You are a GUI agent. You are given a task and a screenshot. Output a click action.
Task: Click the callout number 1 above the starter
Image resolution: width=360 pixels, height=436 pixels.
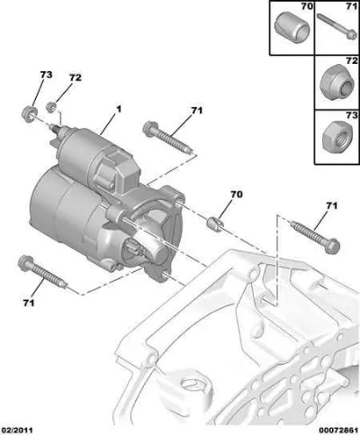(x=119, y=109)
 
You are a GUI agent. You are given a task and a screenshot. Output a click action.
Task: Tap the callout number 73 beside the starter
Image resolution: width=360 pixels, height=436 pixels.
(x=46, y=75)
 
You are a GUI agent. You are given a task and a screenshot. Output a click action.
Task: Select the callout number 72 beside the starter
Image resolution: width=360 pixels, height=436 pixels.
(x=75, y=77)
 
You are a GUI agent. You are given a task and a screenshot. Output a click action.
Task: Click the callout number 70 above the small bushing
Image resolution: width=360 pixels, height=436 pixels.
(x=236, y=195)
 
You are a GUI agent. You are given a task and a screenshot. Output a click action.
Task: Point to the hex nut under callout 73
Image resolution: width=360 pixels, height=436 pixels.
(x=29, y=114)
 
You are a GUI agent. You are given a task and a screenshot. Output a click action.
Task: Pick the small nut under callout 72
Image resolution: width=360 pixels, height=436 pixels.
(x=51, y=107)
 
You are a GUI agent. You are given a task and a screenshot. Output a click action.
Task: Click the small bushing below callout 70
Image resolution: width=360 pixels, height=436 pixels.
(x=215, y=223)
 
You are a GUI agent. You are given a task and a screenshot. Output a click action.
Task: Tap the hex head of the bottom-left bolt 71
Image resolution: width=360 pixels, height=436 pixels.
(x=24, y=263)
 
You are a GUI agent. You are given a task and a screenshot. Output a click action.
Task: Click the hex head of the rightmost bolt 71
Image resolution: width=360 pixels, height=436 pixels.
(x=332, y=246)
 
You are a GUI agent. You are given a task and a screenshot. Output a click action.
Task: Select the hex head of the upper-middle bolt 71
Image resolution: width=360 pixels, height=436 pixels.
(x=150, y=129)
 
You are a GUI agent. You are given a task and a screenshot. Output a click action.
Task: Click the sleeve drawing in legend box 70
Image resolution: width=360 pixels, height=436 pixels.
(x=292, y=28)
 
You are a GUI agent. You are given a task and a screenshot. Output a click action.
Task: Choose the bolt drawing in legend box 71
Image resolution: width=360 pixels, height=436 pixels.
(x=336, y=27)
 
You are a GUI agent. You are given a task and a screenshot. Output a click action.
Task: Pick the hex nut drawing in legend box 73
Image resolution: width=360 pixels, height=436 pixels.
(x=337, y=138)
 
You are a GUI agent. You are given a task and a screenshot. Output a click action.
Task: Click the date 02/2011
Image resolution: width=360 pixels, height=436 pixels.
(x=17, y=431)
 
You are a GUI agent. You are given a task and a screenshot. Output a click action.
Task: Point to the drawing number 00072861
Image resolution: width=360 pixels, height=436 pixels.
(x=339, y=431)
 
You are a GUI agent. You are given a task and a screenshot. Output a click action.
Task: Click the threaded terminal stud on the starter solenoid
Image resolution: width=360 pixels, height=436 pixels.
(x=57, y=130)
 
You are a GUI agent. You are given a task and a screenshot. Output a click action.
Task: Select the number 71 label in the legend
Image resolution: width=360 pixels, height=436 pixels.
(x=352, y=6)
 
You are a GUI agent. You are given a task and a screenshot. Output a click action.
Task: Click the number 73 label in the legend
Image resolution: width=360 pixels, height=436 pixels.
(x=352, y=115)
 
